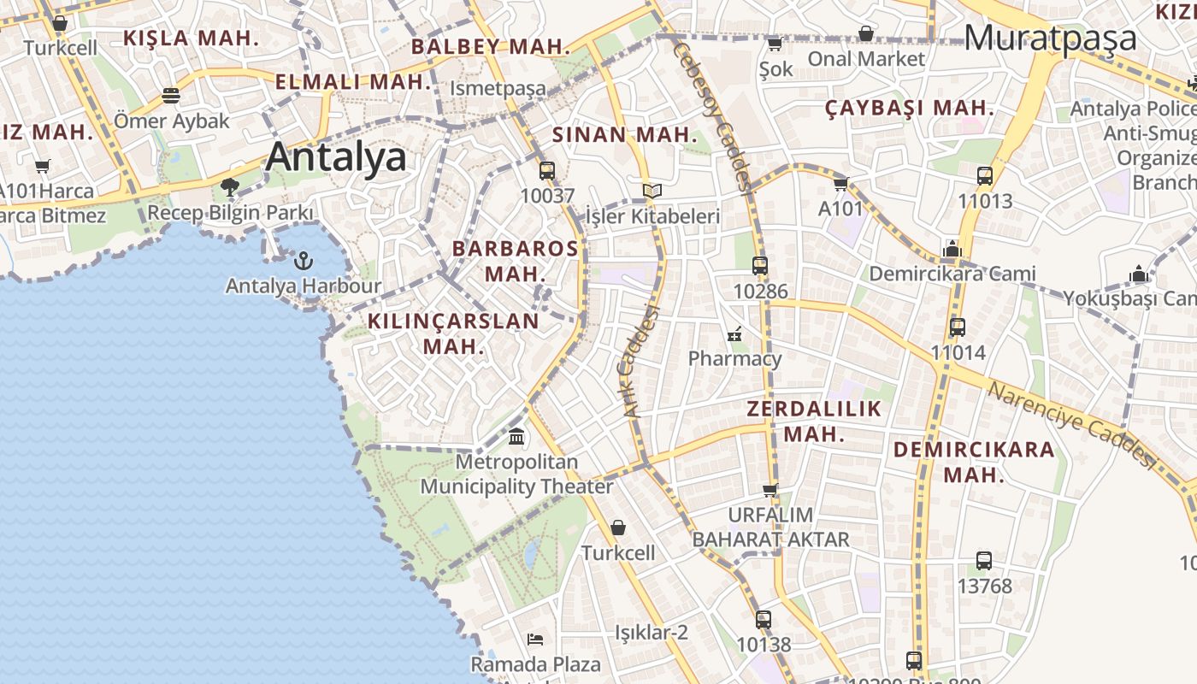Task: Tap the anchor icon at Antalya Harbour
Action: click(x=303, y=260)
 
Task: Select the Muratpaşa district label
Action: click(x=1051, y=38)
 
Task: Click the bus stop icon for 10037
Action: click(x=547, y=170)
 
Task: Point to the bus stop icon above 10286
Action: click(x=760, y=265)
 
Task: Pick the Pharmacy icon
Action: click(x=734, y=333)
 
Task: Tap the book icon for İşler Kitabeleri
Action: click(x=652, y=191)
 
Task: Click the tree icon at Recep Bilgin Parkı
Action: click(x=229, y=186)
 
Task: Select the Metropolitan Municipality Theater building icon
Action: click(x=516, y=437)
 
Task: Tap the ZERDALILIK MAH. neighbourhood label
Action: click(x=814, y=421)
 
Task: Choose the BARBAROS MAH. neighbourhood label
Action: click(x=515, y=261)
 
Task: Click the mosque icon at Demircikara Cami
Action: click(x=952, y=249)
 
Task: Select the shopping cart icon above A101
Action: click(x=841, y=184)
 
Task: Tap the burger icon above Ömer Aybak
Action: click(x=171, y=95)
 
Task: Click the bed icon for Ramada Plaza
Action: click(x=535, y=639)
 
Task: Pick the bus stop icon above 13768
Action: click(x=984, y=561)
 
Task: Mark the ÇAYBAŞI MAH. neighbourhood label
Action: click(x=910, y=109)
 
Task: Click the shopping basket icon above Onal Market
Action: click(x=866, y=34)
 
